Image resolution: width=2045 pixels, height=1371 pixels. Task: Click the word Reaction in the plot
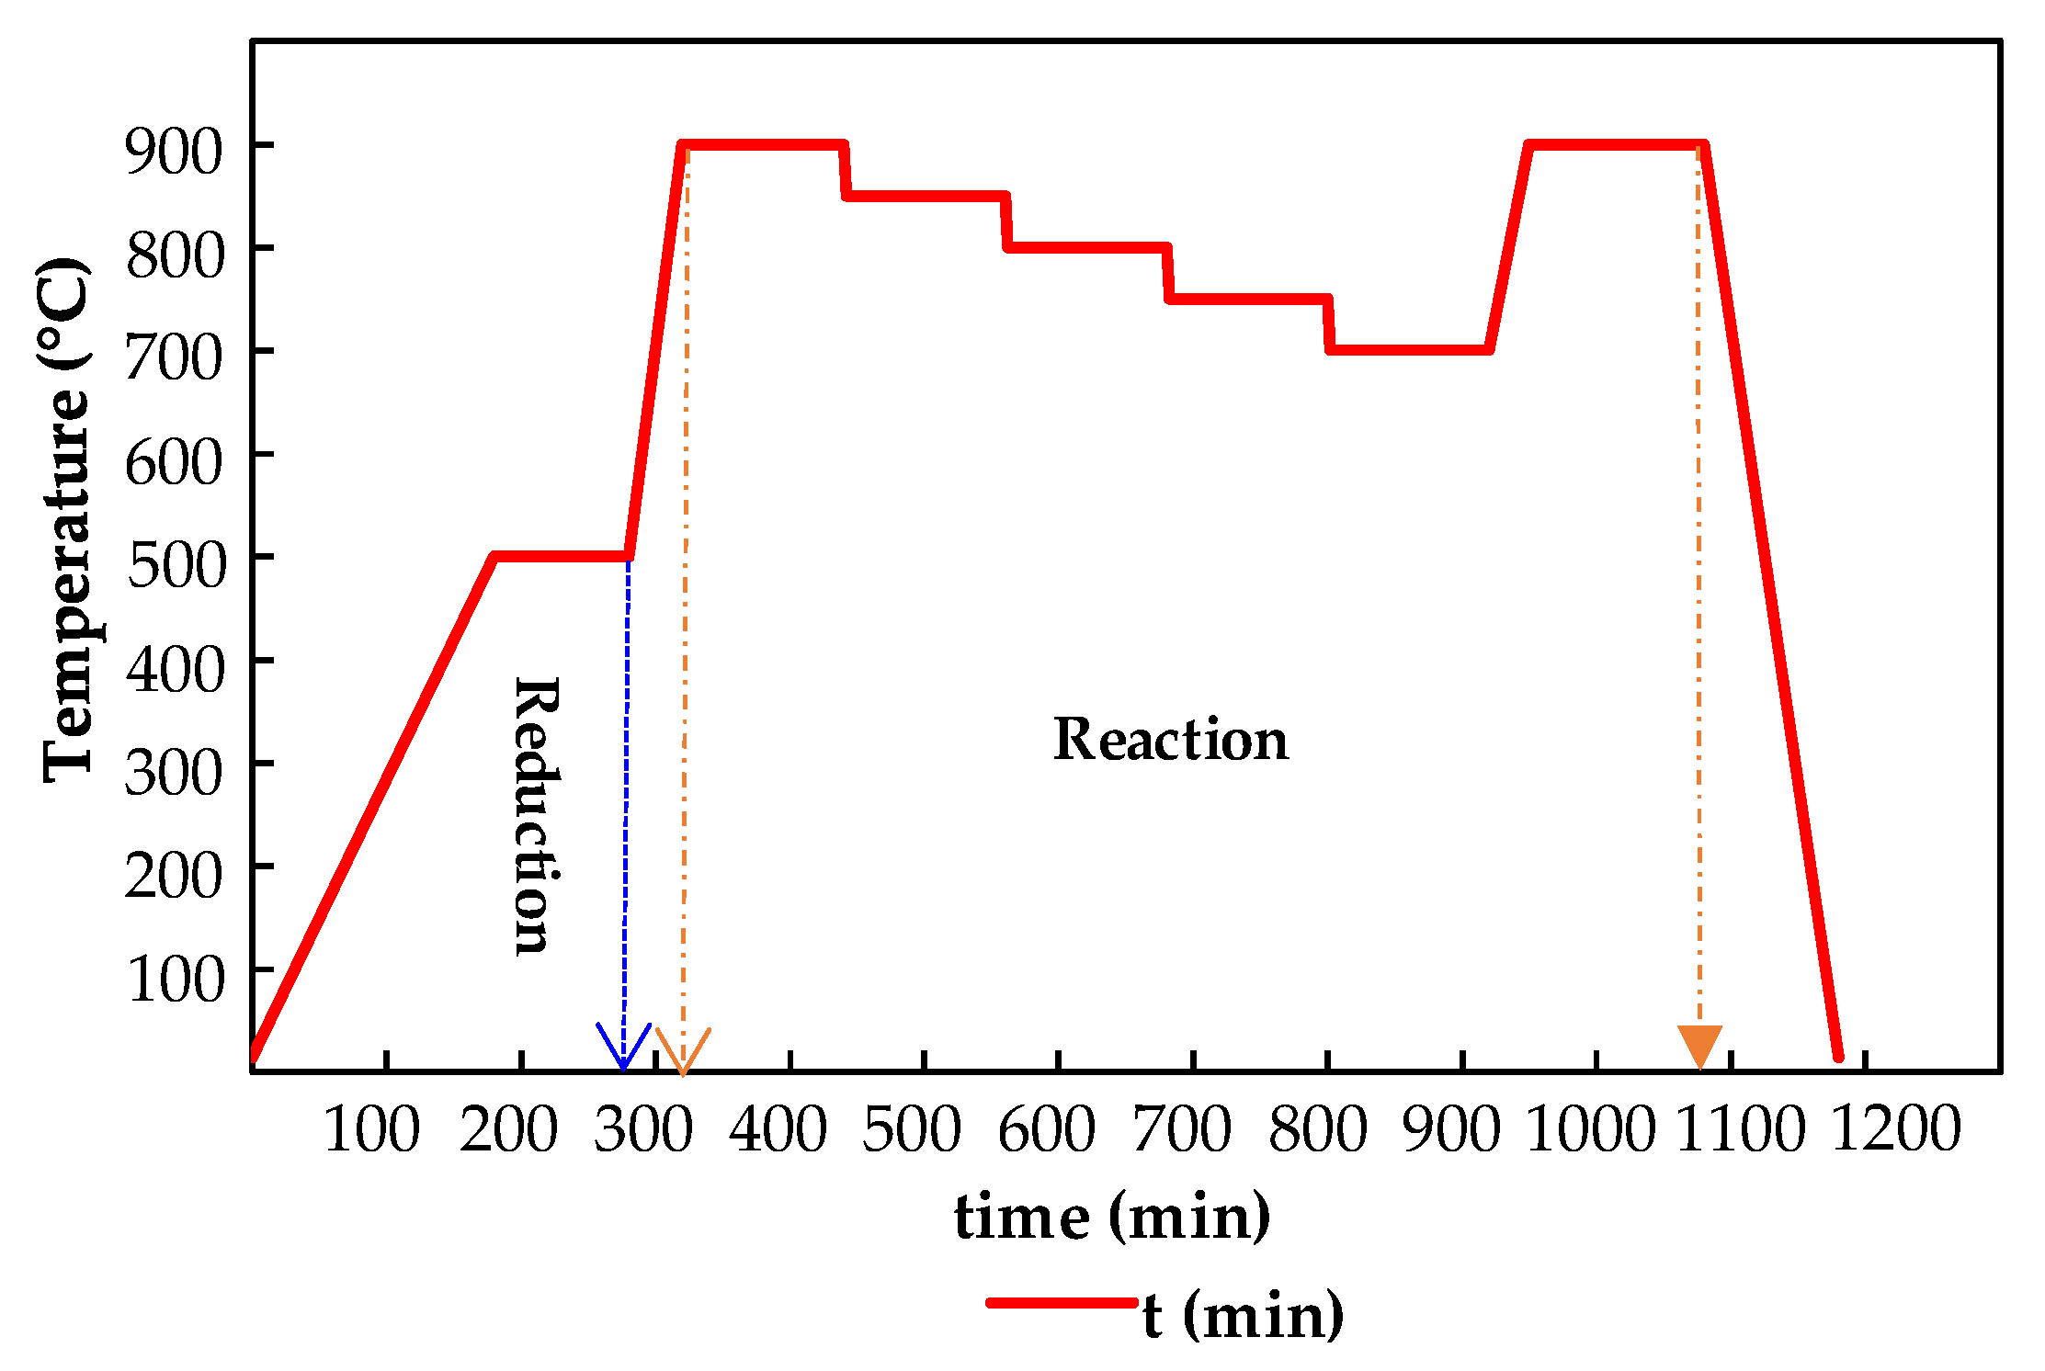coord(1170,740)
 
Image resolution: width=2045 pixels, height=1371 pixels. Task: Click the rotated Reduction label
coord(536,816)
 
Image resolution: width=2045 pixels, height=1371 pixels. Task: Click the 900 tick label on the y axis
coord(174,151)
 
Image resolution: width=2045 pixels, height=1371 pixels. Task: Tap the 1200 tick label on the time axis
coord(1895,1128)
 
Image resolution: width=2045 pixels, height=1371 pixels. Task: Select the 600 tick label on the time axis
coord(1046,1128)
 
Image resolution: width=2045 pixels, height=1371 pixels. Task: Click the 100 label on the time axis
coord(371,1128)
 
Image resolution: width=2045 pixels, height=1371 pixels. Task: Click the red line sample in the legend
coord(1062,1302)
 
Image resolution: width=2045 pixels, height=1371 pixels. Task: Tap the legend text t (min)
coord(1243,1316)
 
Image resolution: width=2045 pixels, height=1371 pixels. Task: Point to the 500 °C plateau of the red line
coord(561,556)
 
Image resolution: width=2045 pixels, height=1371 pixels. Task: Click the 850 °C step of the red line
coord(925,196)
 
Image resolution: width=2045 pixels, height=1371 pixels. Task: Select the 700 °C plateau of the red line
coord(1408,349)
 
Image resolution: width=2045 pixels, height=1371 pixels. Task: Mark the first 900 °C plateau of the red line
coord(763,144)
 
